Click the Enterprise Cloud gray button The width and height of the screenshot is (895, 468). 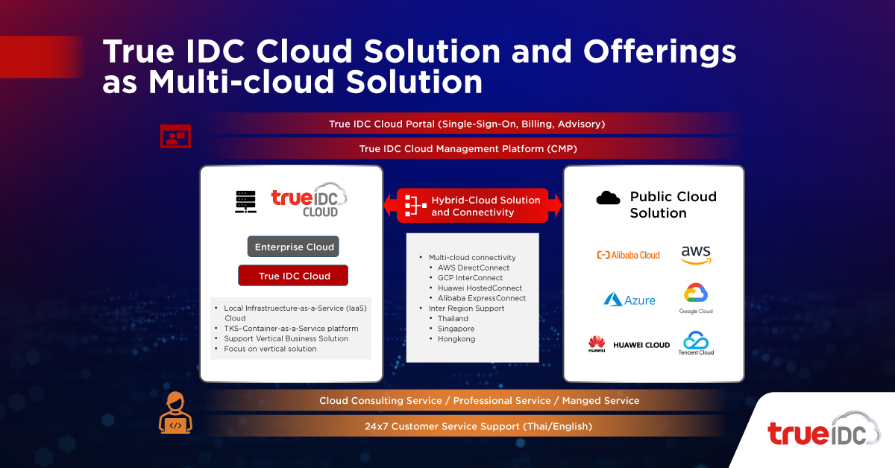point(292,247)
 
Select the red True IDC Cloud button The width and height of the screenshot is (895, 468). point(293,276)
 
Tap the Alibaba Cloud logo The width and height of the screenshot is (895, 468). point(628,255)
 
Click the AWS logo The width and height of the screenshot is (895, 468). point(696,255)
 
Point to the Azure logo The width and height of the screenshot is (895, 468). point(629,300)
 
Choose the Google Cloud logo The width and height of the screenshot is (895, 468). point(696,299)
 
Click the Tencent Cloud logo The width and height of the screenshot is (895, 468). point(696,344)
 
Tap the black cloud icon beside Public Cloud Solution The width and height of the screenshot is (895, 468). point(609,197)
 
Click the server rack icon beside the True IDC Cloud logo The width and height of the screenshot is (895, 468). point(245,201)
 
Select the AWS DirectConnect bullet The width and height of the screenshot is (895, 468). point(474,268)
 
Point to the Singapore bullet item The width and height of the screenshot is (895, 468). point(456,329)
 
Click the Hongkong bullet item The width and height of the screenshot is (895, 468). point(456,339)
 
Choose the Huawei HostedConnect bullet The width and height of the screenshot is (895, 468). point(480,288)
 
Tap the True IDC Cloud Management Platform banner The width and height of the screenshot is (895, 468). point(468,149)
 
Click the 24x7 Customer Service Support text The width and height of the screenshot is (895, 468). point(468,426)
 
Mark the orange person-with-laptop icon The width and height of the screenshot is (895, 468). point(175,413)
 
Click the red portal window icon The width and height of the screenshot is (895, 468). point(175,136)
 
